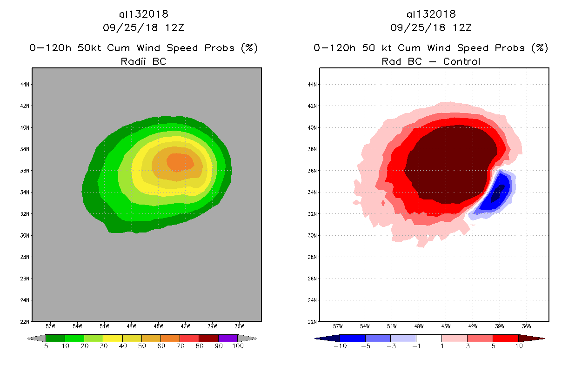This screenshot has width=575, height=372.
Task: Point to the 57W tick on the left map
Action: click(x=50, y=325)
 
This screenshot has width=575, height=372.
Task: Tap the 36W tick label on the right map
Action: click(x=527, y=325)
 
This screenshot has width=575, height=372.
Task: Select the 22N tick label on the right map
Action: click(x=313, y=321)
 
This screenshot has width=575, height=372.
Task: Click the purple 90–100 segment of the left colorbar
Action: click(x=228, y=338)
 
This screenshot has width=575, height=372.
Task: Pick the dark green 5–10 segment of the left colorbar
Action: click(x=55, y=338)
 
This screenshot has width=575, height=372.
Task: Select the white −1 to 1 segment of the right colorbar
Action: click(x=428, y=338)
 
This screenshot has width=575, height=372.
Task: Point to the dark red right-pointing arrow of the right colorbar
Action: click(x=531, y=338)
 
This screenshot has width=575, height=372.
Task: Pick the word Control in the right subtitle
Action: click(x=461, y=61)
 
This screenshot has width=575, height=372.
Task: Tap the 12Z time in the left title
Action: click(x=174, y=27)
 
